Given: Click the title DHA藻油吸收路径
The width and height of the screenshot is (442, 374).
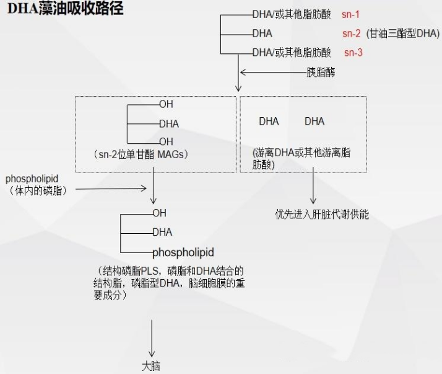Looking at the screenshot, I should pyautogui.click(x=65, y=9).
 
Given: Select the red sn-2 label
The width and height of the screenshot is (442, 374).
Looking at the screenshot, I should pyautogui.click(x=352, y=33).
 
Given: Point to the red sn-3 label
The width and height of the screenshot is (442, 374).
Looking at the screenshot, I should pyautogui.click(x=353, y=52).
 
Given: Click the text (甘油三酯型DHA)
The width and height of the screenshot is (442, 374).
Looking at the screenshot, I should pyautogui.click(x=402, y=33).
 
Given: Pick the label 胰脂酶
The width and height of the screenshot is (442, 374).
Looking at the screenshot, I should pyautogui.click(x=321, y=73).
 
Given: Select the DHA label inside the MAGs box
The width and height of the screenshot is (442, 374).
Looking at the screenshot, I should pyautogui.click(x=168, y=123).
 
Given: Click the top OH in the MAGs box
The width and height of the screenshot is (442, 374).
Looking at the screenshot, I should pyautogui.click(x=166, y=104).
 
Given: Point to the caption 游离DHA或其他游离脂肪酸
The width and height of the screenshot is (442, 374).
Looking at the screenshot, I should pyautogui.click(x=301, y=158).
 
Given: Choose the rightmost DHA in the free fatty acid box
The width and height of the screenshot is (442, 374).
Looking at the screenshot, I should pyautogui.click(x=314, y=121).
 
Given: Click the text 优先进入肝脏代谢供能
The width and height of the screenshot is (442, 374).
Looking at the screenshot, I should pyautogui.click(x=322, y=215).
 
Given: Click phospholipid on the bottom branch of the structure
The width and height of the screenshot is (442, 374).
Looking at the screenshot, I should pyautogui.click(x=183, y=252).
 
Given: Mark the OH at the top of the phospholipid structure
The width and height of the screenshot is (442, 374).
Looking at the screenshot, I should pyautogui.click(x=159, y=213).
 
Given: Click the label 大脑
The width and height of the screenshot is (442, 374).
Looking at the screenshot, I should pyautogui.click(x=151, y=366).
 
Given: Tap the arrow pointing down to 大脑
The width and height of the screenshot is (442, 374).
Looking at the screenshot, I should pyautogui.click(x=151, y=338).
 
